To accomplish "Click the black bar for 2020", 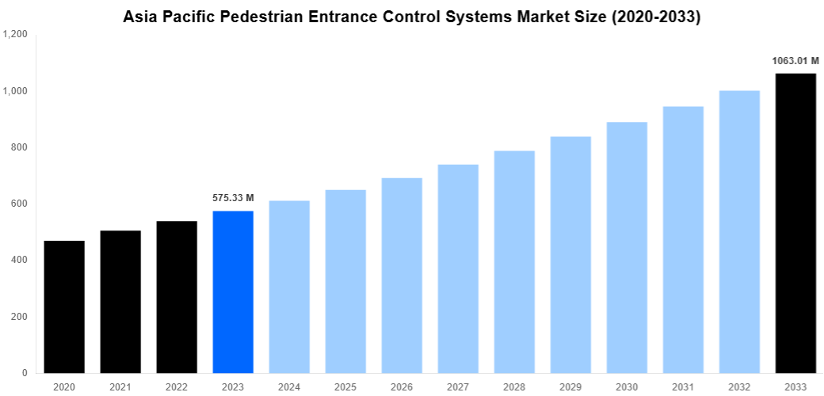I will coord(64,307).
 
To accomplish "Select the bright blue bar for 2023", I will coord(233,291).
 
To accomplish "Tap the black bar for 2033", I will coord(795,223).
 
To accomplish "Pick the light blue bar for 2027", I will coord(458,268).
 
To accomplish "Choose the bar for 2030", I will coord(627,247).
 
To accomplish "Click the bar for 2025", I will coord(345,281).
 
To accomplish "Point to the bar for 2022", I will coord(177,297).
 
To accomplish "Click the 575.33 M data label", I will coord(233,198).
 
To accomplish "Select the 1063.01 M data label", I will coord(795,60).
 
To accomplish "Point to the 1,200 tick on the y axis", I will coord(15,35).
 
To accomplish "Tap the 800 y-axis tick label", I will coord(19,147).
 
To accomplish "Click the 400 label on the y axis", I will coord(19,260).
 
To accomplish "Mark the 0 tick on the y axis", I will coord(25,372).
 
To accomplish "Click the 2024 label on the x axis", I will coord(289,386).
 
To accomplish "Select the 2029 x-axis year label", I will coord(570,386).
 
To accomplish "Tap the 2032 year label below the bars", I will coord(739,386).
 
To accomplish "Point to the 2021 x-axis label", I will coord(120,386).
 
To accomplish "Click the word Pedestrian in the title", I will coord(254,17).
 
